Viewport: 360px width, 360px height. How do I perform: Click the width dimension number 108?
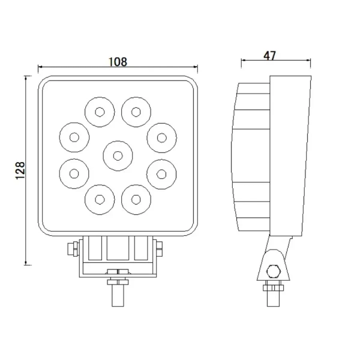[x=118, y=61]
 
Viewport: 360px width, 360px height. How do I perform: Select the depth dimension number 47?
[x=269, y=56]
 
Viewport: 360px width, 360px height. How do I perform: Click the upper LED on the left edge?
[x=74, y=137]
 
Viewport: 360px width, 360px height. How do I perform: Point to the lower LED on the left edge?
[x=74, y=173]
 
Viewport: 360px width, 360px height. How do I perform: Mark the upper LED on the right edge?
[x=160, y=137]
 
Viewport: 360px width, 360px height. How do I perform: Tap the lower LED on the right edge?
[x=160, y=173]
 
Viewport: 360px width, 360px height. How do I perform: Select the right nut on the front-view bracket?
[x=159, y=248]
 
